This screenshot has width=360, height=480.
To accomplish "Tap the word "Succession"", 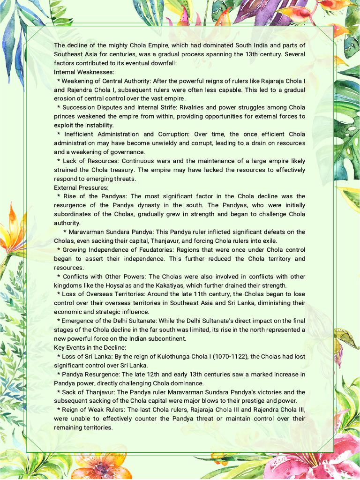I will pyautogui.click(x=78, y=107).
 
